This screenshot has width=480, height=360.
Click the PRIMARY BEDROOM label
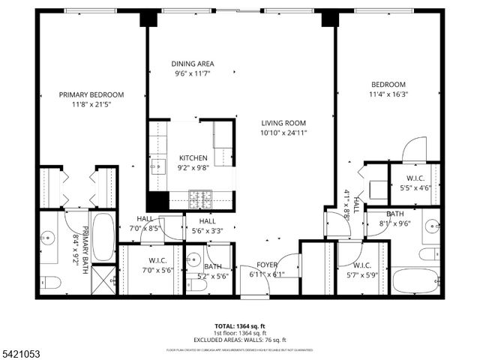point(91,94)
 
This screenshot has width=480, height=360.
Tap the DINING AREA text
point(193,64)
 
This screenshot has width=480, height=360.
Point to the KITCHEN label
point(193,158)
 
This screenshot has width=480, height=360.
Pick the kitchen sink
point(158,166)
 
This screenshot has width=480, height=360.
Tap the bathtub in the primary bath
point(104,235)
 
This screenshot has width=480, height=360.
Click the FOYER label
point(267,265)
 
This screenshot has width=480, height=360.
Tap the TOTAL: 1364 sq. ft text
point(239,326)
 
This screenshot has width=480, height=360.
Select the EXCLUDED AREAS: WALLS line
point(239,340)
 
